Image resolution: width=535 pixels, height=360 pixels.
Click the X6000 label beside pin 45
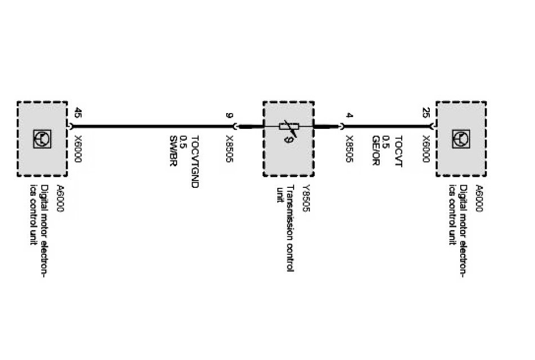78,149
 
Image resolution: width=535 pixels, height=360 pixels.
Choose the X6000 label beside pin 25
426,149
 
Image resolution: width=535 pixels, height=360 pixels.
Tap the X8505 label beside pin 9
229,149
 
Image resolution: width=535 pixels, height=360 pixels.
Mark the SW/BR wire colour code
173,151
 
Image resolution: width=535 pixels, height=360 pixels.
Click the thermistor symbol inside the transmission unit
289,128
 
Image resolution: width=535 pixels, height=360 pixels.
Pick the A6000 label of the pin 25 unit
479,198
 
